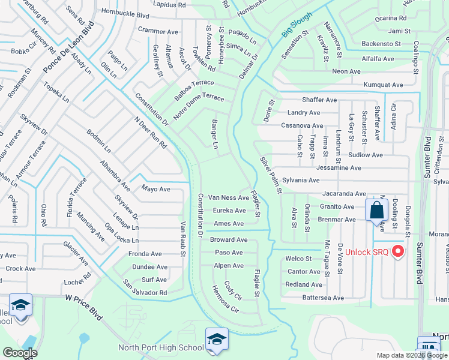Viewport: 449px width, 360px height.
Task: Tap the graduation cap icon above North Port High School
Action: (x=216, y=340)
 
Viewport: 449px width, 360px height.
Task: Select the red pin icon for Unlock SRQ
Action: (x=397, y=251)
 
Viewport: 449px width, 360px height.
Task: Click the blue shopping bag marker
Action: (x=377, y=211)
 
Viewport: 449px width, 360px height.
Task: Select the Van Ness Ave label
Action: (x=228, y=197)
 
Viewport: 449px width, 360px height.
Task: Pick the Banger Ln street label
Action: (x=214, y=134)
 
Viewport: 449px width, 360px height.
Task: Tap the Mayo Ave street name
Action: (x=156, y=189)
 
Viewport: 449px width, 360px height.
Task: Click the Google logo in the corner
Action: (x=20, y=353)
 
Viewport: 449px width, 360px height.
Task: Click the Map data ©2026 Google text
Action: (x=411, y=355)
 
